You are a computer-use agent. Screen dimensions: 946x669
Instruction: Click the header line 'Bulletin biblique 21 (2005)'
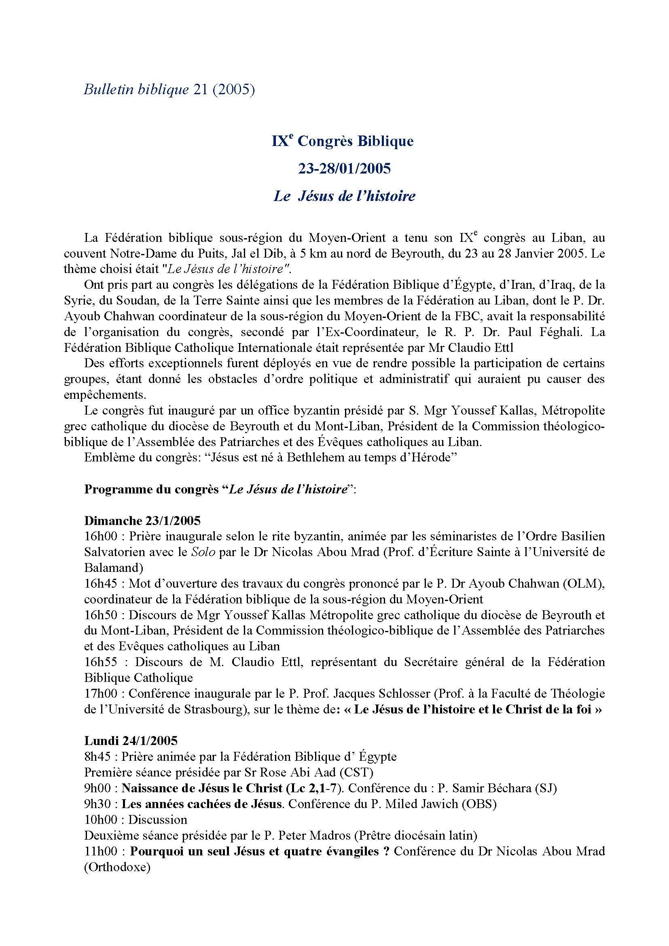tap(169, 90)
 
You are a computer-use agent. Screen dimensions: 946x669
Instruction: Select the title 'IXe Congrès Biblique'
tap(342, 141)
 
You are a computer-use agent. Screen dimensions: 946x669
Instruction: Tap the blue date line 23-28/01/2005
tap(344, 169)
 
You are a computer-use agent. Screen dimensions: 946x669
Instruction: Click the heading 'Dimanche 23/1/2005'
tap(142, 521)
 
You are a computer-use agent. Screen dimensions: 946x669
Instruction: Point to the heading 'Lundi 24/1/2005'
tap(131, 741)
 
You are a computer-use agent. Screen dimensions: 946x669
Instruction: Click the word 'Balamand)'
tap(114, 568)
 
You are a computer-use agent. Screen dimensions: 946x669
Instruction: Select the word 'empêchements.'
tap(105, 395)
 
